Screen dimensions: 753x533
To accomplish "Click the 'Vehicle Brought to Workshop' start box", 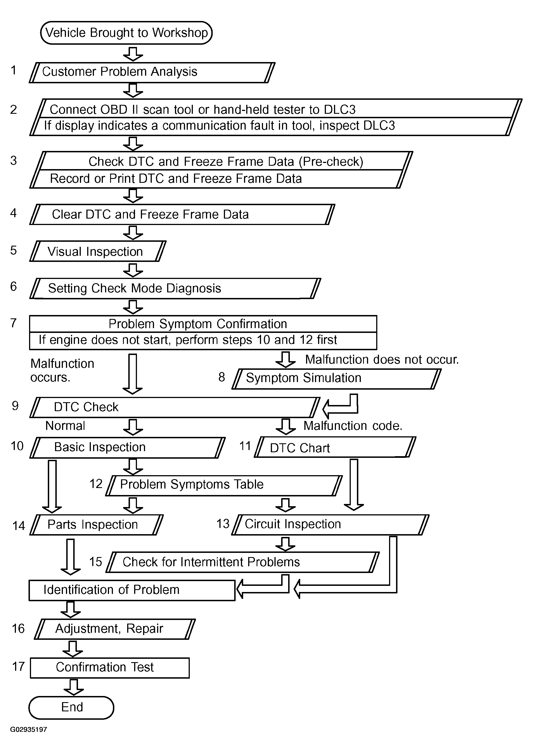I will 126,33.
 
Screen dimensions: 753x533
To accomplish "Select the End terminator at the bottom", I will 72,707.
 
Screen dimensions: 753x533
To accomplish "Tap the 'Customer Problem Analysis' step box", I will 152,72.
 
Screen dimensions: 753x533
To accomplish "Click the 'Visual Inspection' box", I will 98,252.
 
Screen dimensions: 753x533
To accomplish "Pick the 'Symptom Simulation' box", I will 337,378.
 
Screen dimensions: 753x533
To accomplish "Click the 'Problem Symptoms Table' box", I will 224,485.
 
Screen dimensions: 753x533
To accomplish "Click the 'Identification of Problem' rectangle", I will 132,590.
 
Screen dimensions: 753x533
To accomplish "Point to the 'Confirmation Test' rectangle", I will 110,667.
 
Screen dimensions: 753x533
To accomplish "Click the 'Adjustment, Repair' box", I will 115,629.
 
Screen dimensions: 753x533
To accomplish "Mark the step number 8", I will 222,377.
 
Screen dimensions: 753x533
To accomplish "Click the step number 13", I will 223,524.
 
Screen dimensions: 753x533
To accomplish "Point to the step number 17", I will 18,667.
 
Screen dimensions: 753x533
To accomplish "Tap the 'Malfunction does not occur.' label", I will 382,360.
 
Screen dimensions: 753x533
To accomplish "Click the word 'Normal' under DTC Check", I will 65,426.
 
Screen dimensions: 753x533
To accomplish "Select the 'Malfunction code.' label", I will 353,426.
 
